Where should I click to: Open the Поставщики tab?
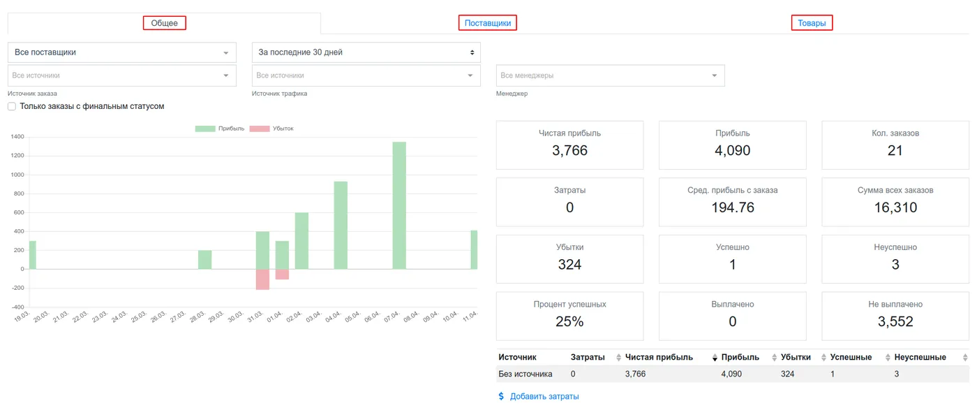click(x=487, y=23)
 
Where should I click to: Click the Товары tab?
click(x=812, y=23)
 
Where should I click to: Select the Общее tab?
click(x=165, y=23)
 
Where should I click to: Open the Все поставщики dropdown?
click(x=122, y=52)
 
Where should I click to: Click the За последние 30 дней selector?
click(x=366, y=52)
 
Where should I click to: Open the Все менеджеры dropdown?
click(x=610, y=75)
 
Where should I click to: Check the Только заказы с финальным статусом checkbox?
click(x=12, y=106)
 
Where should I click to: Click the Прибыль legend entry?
click(x=220, y=129)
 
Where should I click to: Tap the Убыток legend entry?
click(x=271, y=129)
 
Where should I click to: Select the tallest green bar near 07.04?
click(x=399, y=205)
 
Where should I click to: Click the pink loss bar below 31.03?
click(x=262, y=279)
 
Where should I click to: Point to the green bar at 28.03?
click(x=205, y=259)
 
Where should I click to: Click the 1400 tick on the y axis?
click(x=17, y=137)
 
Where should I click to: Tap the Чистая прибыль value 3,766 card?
click(x=569, y=145)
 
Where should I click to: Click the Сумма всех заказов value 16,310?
click(x=895, y=207)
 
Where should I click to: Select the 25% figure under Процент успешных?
click(x=569, y=321)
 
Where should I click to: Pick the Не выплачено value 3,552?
click(x=895, y=321)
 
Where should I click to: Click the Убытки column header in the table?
click(x=796, y=357)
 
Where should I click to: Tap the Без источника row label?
click(x=525, y=374)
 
